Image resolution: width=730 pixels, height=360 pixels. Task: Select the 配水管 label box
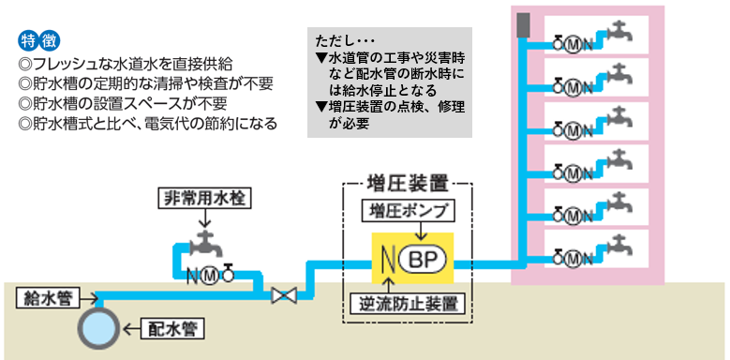172,329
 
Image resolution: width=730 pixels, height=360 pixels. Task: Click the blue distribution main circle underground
97,329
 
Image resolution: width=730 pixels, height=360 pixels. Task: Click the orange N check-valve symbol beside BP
385,259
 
